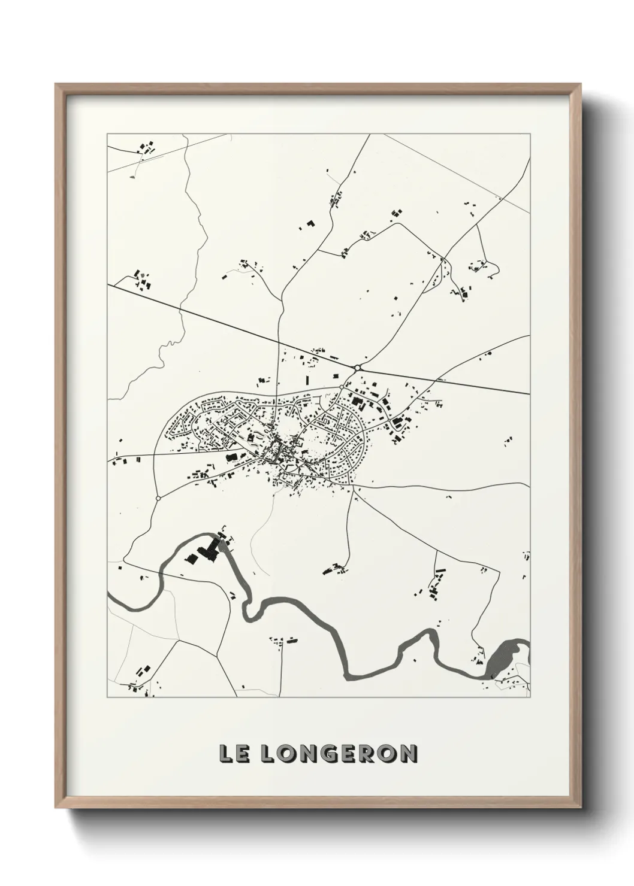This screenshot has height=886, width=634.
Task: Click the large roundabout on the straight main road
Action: pyautogui.click(x=358, y=368)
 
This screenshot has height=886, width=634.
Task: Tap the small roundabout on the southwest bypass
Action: pyautogui.click(x=158, y=497)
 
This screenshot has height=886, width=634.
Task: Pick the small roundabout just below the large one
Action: pyautogui.click(x=342, y=387)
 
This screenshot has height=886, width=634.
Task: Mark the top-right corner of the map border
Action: pyautogui.click(x=530, y=134)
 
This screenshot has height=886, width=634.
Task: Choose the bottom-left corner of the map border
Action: pyautogui.click(x=107, y=697)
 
